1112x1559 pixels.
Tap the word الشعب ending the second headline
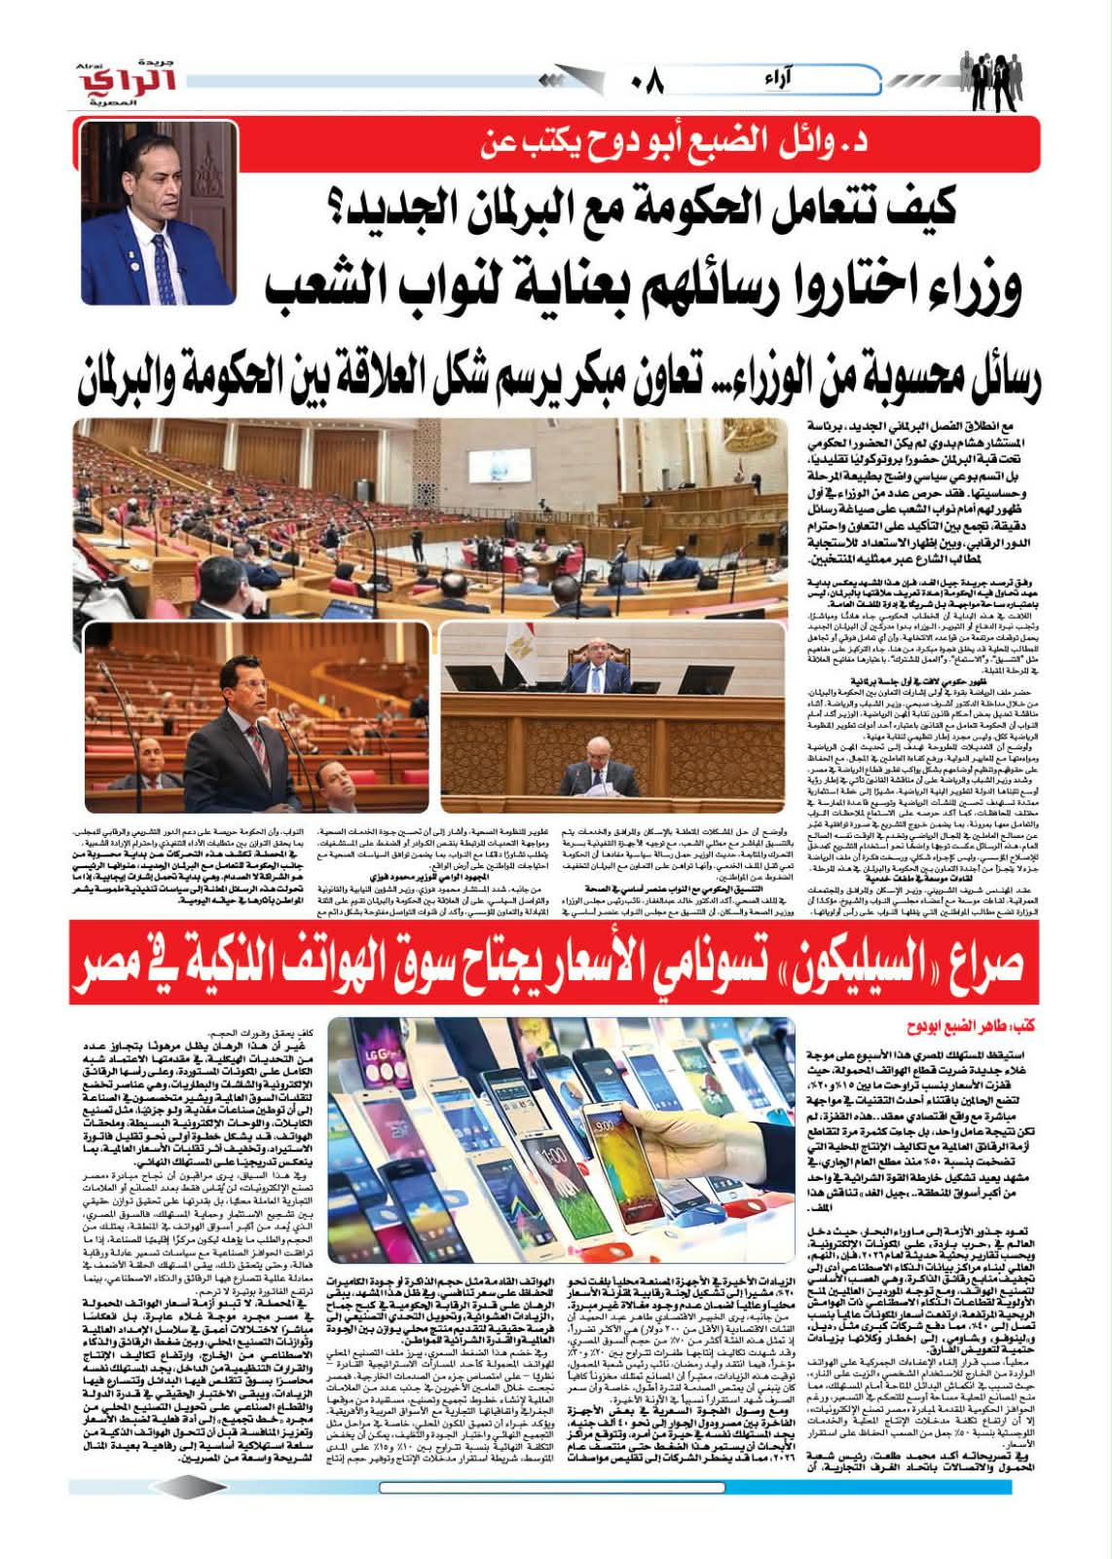pyautogui.click(x=331, y=286)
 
